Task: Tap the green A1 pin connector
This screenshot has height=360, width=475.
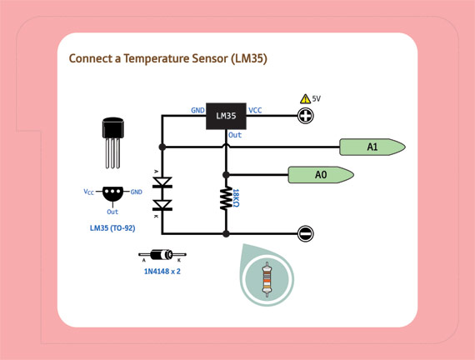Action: coord(372,147)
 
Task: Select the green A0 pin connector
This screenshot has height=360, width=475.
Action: coord(320,175)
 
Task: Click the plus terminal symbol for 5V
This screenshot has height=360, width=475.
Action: coord(306,116)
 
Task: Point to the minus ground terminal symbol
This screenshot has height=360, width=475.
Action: coord(306,234)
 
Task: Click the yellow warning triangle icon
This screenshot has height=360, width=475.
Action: coord(305,99)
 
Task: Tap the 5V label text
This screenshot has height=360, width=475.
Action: coord(317,99)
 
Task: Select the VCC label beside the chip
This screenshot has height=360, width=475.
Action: coord(255,110)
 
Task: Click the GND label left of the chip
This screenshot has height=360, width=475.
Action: coord(197,110)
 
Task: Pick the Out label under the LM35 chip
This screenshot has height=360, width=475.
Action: coord(235,135)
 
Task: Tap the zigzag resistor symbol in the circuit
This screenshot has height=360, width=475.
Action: coord(225,198)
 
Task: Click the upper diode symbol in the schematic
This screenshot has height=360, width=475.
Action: coord(162,182)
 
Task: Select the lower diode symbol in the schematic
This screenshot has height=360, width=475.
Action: coord(162,204)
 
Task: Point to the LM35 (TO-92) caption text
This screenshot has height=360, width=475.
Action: coord(112,227)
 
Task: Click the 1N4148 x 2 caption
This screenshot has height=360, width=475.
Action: coord(162,271)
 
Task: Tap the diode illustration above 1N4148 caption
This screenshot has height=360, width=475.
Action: coord(162,255)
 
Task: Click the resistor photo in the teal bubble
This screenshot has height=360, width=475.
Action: coord(267,280)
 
